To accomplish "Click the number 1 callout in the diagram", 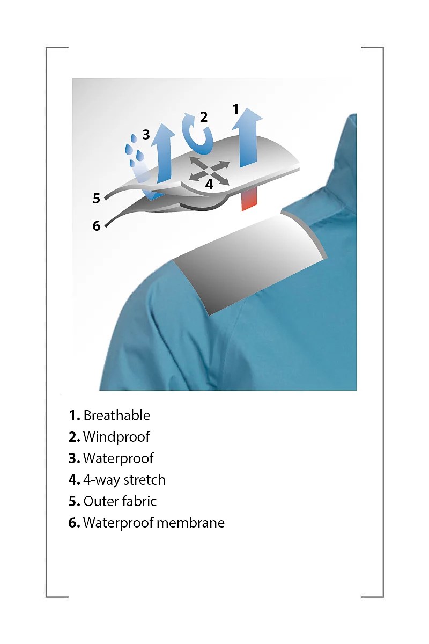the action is pyautogui.click(x=235, y=109).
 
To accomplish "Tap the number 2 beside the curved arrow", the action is pyautogui.click(x=204, y=117).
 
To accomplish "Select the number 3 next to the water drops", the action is pyautogui.click(x=146, y=135).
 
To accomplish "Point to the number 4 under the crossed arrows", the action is pyautogui.click(x=209, y=185).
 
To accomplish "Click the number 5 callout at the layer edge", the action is pyautogui.click(x=97, y=199).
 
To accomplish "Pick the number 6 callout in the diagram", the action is pyautogui.click(x=97, y=226).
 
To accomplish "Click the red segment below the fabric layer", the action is pyautogui.click(x=249, y=200).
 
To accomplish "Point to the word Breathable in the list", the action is pyautogui.click(x=117, y=416).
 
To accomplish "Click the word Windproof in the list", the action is pyautogui.click(x=116, y=437).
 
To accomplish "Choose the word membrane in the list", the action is pyautogui.click(x=190, y=523).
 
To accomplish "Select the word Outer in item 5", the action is pyautogui.click(x=100, y=501).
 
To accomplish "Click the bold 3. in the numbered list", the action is pyautogui.click(x=74, y=458).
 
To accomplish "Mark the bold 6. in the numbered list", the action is pyautogui.click(x=74, y=523).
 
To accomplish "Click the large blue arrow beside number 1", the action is pyautogui.click(x=248, y=137).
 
